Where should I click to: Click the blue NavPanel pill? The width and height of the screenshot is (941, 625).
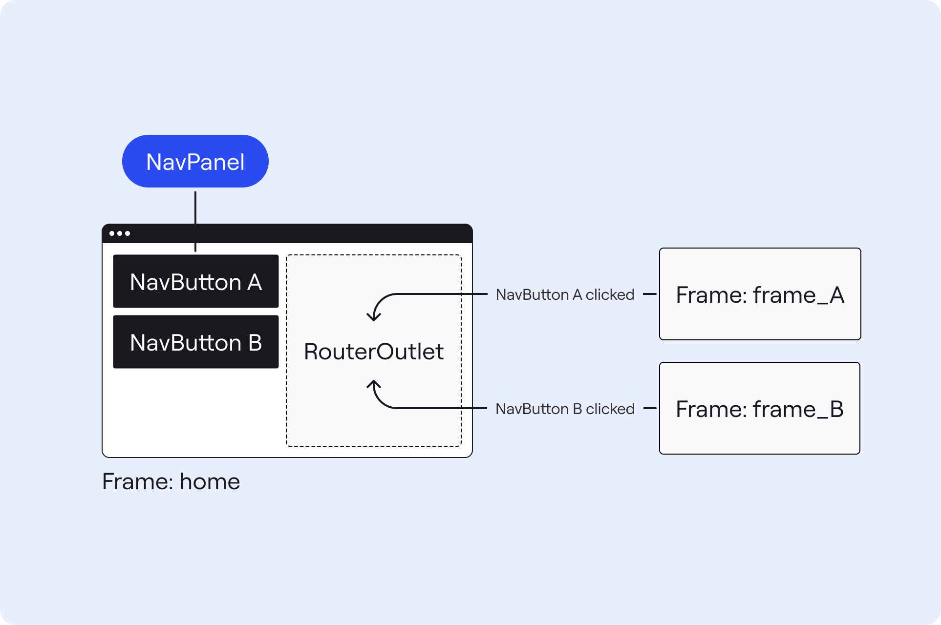(195, 161)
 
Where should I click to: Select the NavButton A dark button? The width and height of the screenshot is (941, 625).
(196, 281)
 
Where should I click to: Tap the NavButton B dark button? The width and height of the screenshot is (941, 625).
(196, 342)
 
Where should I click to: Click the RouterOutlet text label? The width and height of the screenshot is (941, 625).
(374, 352)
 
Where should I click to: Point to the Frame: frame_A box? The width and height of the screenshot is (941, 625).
(760, 294)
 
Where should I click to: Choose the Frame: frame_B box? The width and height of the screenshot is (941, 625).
(760, 408)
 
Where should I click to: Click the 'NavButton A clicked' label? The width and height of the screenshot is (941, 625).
(565, 294)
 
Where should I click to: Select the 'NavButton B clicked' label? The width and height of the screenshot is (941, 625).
(565, 409)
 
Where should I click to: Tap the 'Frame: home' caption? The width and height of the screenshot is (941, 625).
(171, 481)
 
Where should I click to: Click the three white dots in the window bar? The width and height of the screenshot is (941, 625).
(120, 233)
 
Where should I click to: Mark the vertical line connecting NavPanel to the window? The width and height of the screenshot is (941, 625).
(195, 221)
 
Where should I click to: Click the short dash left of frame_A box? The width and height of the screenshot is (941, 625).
(649, 294)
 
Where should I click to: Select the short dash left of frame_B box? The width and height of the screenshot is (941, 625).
(649, 408)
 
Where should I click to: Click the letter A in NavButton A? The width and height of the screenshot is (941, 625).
(255, 282)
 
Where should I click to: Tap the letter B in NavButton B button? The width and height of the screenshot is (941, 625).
(255, 343)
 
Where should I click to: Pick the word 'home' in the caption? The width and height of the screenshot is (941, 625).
(210, 481)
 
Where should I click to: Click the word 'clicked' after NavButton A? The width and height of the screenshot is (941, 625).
(610, 294)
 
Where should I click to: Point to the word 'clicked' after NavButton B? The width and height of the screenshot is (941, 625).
(610, 409)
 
